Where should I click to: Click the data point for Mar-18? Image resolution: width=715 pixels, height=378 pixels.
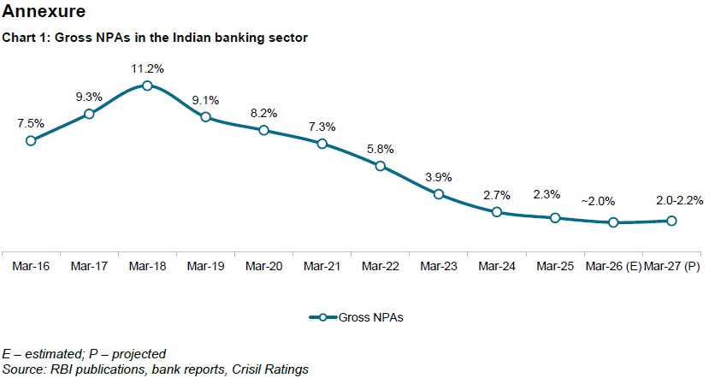point(147,86)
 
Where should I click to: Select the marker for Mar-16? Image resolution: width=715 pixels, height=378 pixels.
point(31,140)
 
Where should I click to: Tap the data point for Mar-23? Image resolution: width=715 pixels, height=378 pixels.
point(439,194)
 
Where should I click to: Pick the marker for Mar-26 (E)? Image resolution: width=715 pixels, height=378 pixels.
point(613,222)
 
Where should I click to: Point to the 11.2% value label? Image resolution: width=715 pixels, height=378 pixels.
point(147,67)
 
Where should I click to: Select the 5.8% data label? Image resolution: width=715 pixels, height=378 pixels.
point(381,148)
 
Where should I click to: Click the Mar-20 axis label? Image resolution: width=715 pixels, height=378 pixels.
point(263,267)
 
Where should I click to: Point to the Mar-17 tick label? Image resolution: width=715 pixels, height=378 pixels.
point(89,267)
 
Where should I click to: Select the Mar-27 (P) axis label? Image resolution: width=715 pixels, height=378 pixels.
point(671,267)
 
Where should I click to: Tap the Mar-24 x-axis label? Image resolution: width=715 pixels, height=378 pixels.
point(497,267)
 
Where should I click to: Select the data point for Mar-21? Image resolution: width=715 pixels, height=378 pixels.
point(322,144)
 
